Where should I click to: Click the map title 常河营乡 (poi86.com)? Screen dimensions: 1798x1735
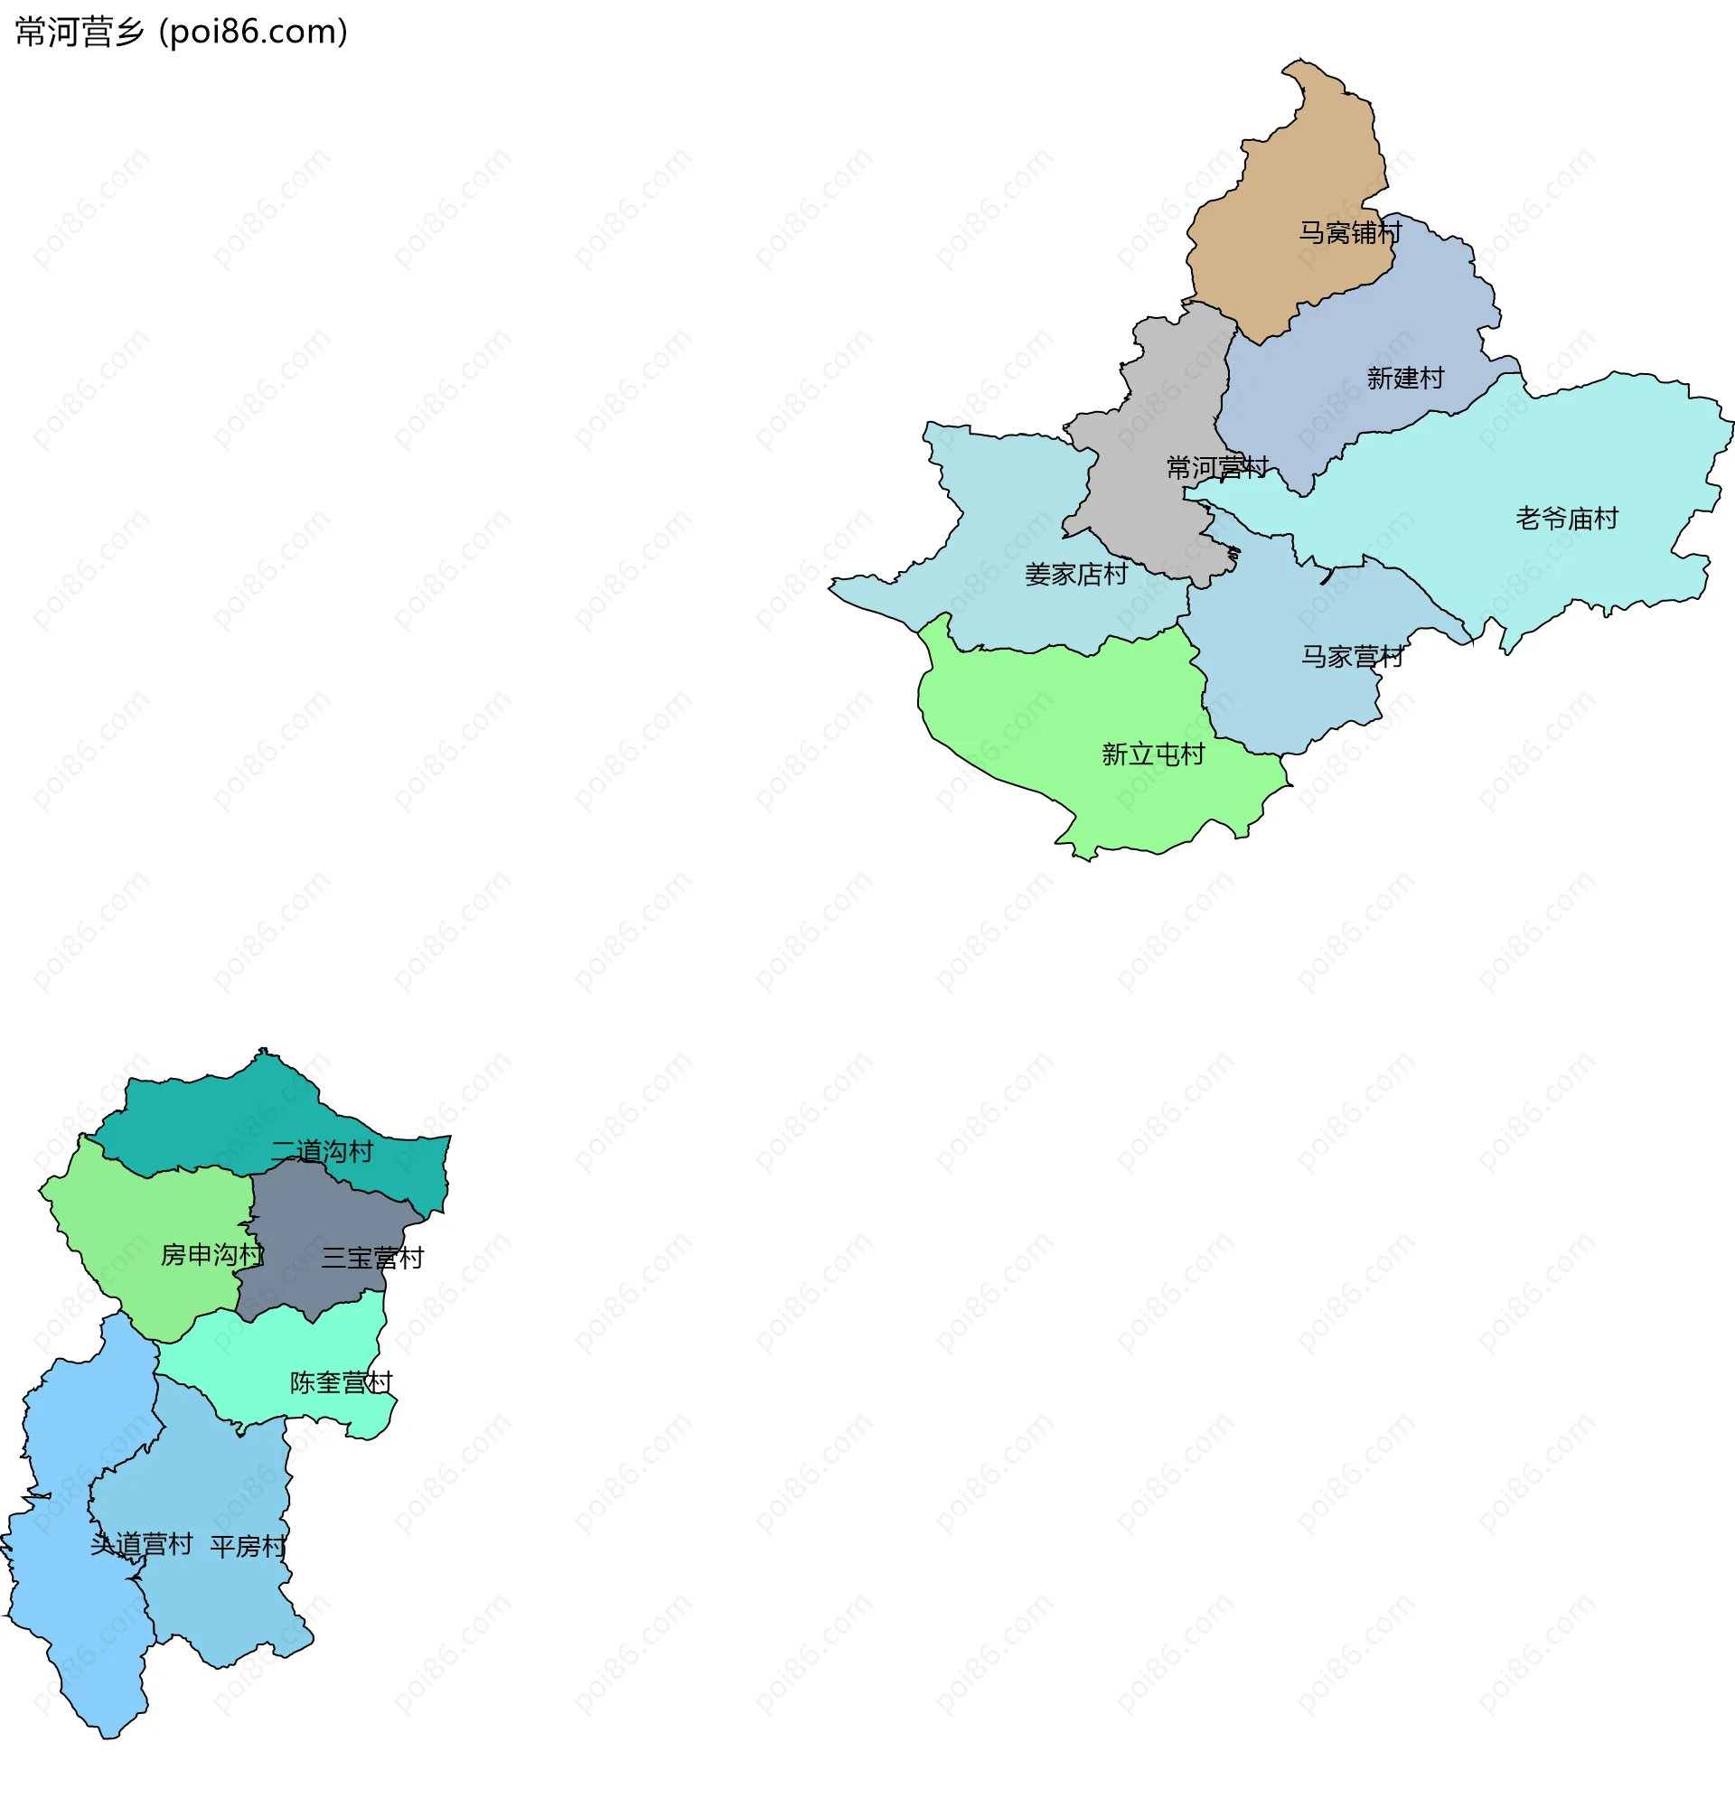point(182,33)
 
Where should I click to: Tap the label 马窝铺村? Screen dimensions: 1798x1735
point(1350,233)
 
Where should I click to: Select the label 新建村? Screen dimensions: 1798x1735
point(1404,378)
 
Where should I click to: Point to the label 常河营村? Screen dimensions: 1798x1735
point(1216,468)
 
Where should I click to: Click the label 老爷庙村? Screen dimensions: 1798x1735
point(1566,520)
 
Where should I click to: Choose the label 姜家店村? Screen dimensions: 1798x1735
point(1075,576)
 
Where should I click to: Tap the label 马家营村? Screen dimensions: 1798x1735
point(1352,657)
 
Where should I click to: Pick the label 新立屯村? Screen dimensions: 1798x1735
point(1152,755)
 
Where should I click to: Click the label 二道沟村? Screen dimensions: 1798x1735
point(322,1152)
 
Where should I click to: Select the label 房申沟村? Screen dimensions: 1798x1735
point(212,1256)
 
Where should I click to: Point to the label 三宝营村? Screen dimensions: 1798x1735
point(372,1259)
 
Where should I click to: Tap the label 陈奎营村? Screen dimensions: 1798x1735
point(342,1383)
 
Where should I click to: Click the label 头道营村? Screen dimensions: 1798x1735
point(141,1545)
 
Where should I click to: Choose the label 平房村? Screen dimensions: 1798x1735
point(248,1548)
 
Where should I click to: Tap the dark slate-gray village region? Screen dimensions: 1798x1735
point(312,1220)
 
